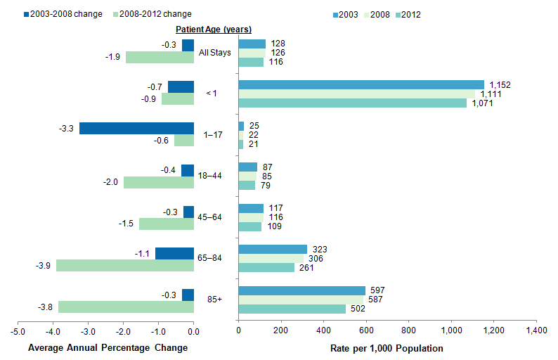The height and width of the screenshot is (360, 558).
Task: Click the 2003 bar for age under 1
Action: click(x=361, y=84)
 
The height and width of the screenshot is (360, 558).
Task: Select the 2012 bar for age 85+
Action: click(x=292, y=309)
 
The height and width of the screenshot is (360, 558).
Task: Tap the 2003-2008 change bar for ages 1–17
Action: click(x=136, y=128)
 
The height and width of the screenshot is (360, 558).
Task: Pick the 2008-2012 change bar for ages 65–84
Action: click(x=125, y=265)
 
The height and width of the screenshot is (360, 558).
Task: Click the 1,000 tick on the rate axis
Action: click(x=451, y=330)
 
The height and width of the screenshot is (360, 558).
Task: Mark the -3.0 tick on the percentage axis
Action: click(x=89, y=330)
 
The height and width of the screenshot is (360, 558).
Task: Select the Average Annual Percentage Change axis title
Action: click(x=108, y=348)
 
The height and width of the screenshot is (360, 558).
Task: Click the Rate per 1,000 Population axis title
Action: click(x=387, y=348)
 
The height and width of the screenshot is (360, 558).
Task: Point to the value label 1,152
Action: click(x=499, y=84)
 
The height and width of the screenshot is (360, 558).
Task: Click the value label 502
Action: click(x=359, y=309)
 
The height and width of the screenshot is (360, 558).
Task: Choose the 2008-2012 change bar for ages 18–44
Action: click(x=159, y=183)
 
